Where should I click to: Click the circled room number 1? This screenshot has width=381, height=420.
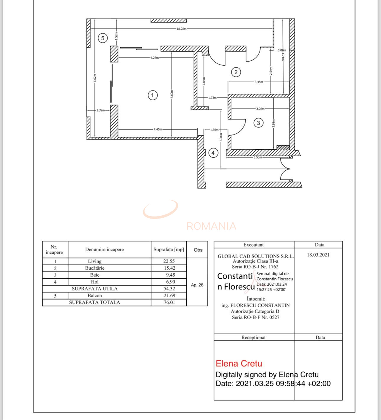(152, 95)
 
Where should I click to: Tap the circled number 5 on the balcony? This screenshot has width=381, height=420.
(102, 38)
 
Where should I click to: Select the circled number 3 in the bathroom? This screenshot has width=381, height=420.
(258, 123)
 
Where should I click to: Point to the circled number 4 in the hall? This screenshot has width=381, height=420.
(213, 153)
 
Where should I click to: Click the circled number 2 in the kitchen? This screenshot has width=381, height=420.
(236, 72)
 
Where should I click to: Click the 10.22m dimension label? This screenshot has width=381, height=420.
(181, 29)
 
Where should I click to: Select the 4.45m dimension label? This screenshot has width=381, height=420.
(158, 129)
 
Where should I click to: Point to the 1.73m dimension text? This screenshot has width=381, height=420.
(212, 98)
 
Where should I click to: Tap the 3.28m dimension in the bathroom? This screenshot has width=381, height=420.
(260, 109)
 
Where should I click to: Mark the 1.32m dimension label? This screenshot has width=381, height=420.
(100, 110)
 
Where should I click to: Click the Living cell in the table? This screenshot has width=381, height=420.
(95, 261)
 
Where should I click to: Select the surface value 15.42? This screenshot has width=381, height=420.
(169, 268)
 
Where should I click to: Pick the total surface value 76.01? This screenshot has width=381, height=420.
(169, 302)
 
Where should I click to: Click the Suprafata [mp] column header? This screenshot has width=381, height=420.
(169, 249)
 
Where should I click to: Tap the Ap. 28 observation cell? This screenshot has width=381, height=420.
(197, 285)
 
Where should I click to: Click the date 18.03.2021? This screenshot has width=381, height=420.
(318, 255)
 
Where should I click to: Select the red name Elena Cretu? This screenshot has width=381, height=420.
(239, 364)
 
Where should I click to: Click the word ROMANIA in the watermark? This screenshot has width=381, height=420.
(211, 226)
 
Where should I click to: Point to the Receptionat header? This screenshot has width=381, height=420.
(253, 337)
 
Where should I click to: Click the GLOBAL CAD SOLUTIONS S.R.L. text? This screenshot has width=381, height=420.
(255, 256)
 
